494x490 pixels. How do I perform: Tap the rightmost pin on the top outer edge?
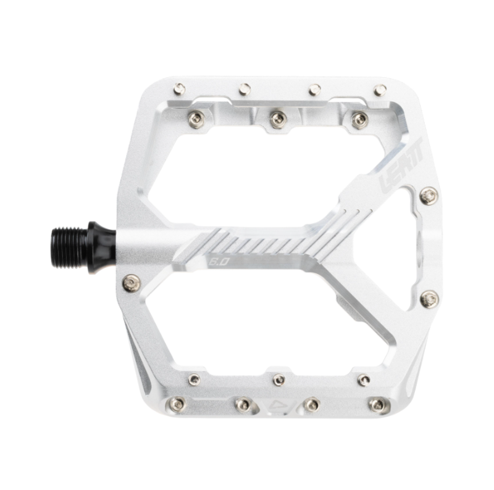(x=380, y=89)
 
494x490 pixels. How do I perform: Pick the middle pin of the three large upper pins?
(x=278, y=118)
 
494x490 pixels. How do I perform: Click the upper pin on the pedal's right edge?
(x=429, y=196)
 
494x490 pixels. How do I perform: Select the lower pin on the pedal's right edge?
(x=429, y=299)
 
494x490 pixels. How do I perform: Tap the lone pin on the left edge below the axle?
(x=131, y=283)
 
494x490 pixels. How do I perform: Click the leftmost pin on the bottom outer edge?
(x=177, y=404)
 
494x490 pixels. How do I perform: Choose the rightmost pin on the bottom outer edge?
(x=377, y=405)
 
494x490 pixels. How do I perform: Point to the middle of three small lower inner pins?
(x=279, y=380)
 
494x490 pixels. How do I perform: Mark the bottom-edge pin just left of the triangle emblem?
(x=243, y=405)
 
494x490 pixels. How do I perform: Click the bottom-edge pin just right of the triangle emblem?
(x=312, y=405)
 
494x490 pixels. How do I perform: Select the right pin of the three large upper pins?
(x=360, y=119)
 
